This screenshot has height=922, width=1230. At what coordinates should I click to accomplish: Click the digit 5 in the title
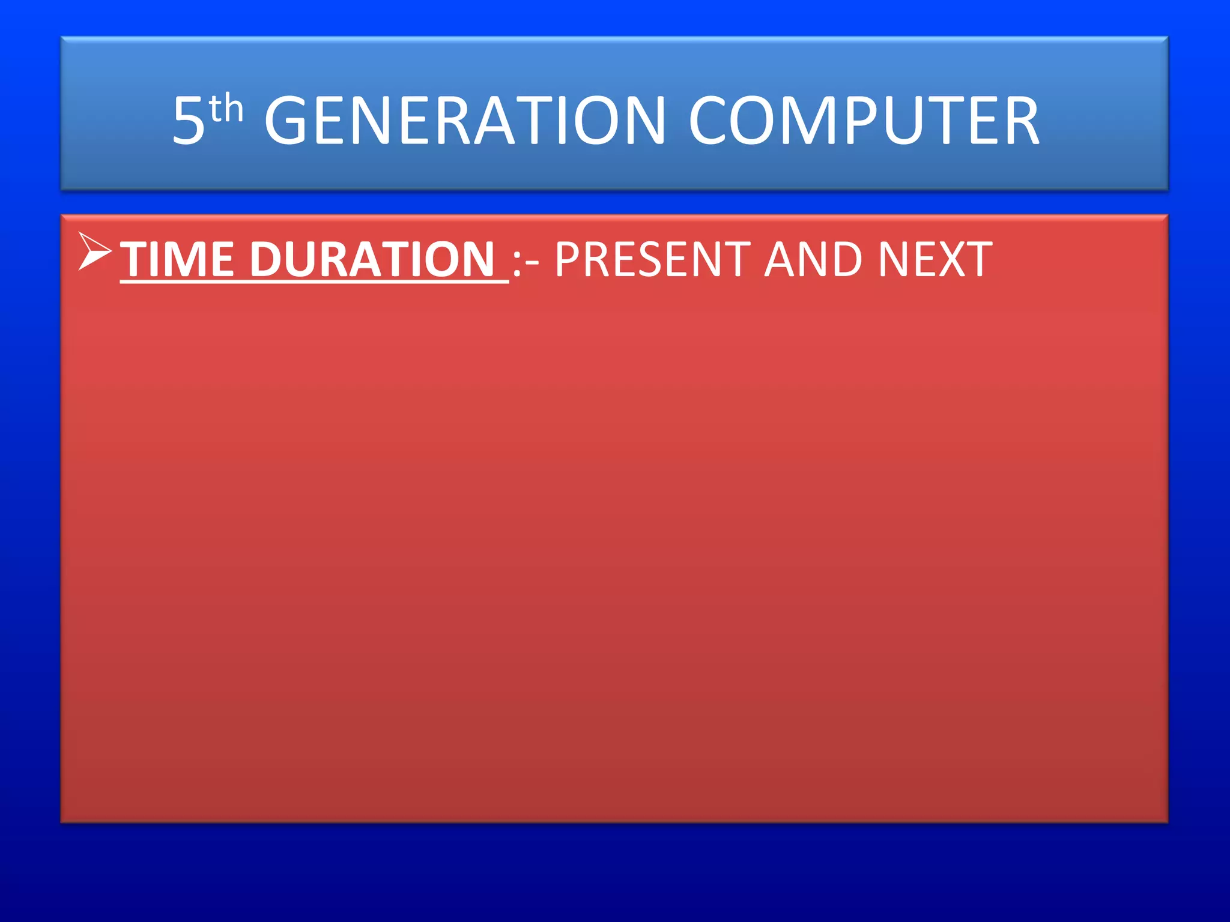tap(188, 121)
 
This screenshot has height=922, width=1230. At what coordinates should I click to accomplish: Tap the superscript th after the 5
tap(226, 110)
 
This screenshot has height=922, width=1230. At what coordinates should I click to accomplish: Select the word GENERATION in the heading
tap(465, 121)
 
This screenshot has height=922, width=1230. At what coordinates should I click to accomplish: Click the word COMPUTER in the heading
tap(864, 121)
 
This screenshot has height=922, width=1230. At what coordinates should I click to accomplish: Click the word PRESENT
tap(652, 259)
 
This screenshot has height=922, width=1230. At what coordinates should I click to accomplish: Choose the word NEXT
tap(935, 259)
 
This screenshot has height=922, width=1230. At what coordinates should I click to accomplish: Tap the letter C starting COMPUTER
tap(710, 121)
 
